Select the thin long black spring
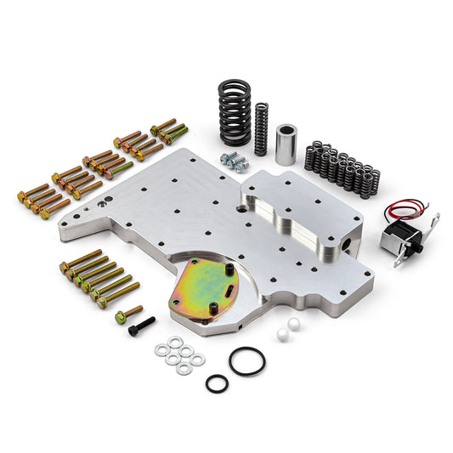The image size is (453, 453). pyautogui.click(x=262, y=128)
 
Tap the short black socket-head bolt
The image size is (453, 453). pyautogui.click(x=143, y=327)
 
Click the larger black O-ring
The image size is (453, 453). pyautogui.click(x=246, y=361)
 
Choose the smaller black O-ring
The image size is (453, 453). pyautogui.click(x=217, y=383)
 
